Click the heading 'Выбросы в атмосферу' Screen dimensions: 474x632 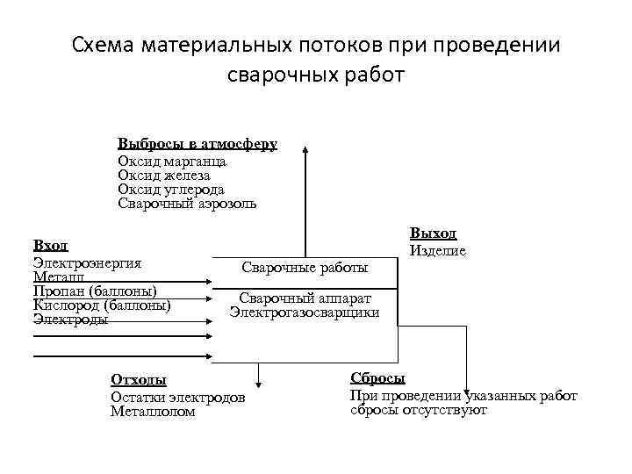pos(197,144)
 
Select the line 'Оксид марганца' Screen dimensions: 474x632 pos(172,161)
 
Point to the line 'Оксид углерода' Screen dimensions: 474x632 pos(171,190)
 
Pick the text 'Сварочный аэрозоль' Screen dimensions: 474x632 pos(187,204)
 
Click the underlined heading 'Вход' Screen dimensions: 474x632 pos(50,246)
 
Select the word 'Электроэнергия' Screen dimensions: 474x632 pos(87,262)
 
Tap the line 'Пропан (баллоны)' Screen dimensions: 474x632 pos(95,291)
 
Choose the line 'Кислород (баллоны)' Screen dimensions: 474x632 pos(102,305)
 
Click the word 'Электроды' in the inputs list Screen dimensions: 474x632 pos(70,319)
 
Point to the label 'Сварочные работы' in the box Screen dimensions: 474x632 pos(305,267)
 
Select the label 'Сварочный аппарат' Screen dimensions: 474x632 pos(305,298)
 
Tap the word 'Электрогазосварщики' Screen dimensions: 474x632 pos(305,312)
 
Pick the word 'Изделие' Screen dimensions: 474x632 pos(437,250)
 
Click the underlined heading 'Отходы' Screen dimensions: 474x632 pos(138,380)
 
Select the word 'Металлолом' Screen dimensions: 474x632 pos(153,411)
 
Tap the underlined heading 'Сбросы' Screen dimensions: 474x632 pos(377,378)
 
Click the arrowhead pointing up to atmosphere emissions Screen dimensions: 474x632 pos(305,150)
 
